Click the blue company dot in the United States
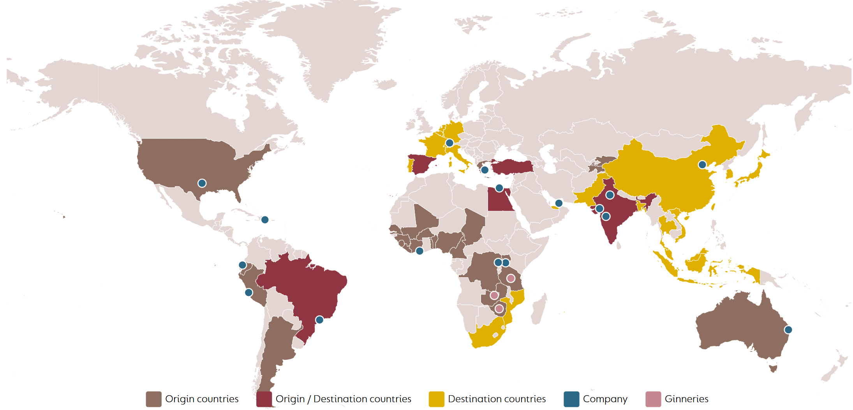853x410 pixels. coord(202,183)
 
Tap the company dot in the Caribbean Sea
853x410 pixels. coord(265,220)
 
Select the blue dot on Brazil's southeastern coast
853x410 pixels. coord(319,320)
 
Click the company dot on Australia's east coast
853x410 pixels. coord(788,330)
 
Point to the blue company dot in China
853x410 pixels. coord(702,165)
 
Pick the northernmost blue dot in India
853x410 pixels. coord(610,195)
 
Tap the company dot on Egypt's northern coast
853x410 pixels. coord(499,188)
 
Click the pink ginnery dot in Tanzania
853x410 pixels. coord(511,278)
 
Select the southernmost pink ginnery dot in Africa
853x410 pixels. coord(499,309)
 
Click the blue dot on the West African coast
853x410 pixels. coord(419,251)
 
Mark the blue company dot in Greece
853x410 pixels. coord(485,170)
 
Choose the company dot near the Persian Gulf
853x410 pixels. coord(559,203)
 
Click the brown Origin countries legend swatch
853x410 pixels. coord(153,399)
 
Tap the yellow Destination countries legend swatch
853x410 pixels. coord(436,399)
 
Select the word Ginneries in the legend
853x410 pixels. coord(686,399)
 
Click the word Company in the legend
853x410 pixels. coord(605,399)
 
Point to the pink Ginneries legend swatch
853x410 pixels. coord(653,399)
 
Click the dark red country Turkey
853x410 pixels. coord(512,167)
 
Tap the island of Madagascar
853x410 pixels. coord(539,310)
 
